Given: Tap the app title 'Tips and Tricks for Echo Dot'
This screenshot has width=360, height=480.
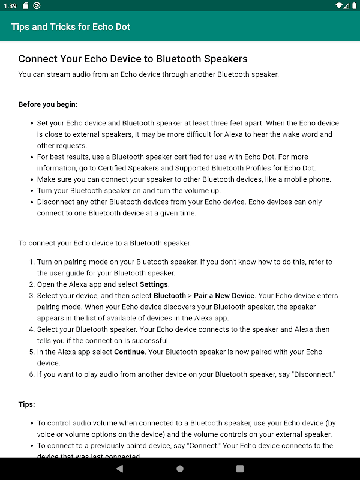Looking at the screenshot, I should pos(71,27).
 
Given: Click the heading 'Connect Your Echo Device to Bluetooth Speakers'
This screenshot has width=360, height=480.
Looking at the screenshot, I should pos(133,59).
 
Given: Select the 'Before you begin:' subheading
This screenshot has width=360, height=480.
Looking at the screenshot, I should pos(48,104).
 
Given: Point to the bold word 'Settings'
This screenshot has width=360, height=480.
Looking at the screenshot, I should pos(154,284).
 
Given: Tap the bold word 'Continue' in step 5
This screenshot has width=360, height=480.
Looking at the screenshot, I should pos(129,352).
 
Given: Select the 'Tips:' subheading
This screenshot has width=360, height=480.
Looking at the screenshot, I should pos(26,404).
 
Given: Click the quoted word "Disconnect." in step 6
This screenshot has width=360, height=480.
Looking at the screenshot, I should pos(311,374).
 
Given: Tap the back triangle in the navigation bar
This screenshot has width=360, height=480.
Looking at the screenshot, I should pos(119,468).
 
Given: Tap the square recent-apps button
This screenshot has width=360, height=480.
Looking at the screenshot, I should pos(240,468).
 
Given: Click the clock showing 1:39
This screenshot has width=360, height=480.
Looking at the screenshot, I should pos(10,5).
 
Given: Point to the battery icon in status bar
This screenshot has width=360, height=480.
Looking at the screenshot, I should pos(350,5).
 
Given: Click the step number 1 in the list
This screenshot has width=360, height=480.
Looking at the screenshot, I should pos(31,262).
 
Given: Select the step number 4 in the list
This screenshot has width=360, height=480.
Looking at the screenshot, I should pos(31,329).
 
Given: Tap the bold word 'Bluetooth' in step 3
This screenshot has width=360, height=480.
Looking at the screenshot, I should pos(170,296).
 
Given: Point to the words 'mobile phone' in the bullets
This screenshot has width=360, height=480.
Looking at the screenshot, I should pos(306,179).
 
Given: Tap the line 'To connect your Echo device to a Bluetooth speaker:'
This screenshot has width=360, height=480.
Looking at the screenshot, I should pos(105,243).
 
